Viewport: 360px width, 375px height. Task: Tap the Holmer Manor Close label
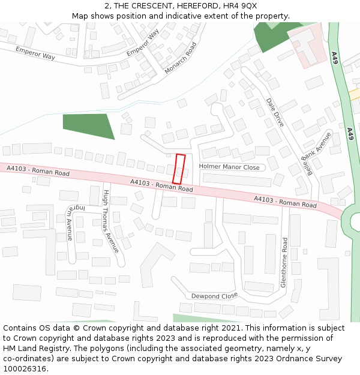(229, 167)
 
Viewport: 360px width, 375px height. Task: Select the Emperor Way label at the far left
(35, 53)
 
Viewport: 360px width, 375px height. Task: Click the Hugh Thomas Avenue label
(111, 221)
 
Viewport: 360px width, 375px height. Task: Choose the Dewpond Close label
(214, 296)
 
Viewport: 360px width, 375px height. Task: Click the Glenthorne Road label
(284, 262)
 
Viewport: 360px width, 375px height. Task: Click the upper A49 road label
(335, 58)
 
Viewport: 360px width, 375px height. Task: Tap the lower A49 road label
(350, 134)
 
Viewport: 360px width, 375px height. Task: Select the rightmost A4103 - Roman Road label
(285, 202)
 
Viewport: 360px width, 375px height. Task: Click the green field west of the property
(88, 125)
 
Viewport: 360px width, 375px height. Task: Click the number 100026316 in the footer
(25, 369)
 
